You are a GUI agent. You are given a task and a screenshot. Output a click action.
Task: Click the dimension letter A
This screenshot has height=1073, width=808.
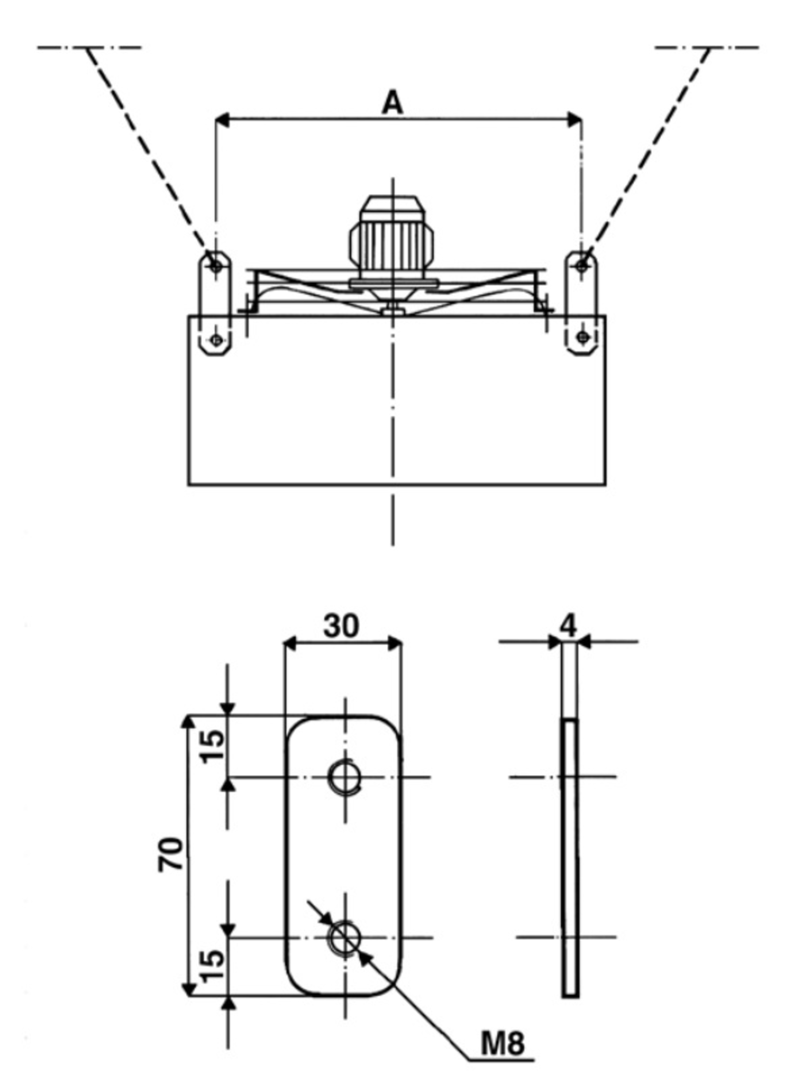click(392, 103)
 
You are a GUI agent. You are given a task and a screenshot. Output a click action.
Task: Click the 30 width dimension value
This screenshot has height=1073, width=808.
click(342, 626)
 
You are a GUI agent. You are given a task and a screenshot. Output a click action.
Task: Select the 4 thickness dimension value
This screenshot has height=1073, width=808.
click(568, 626)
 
